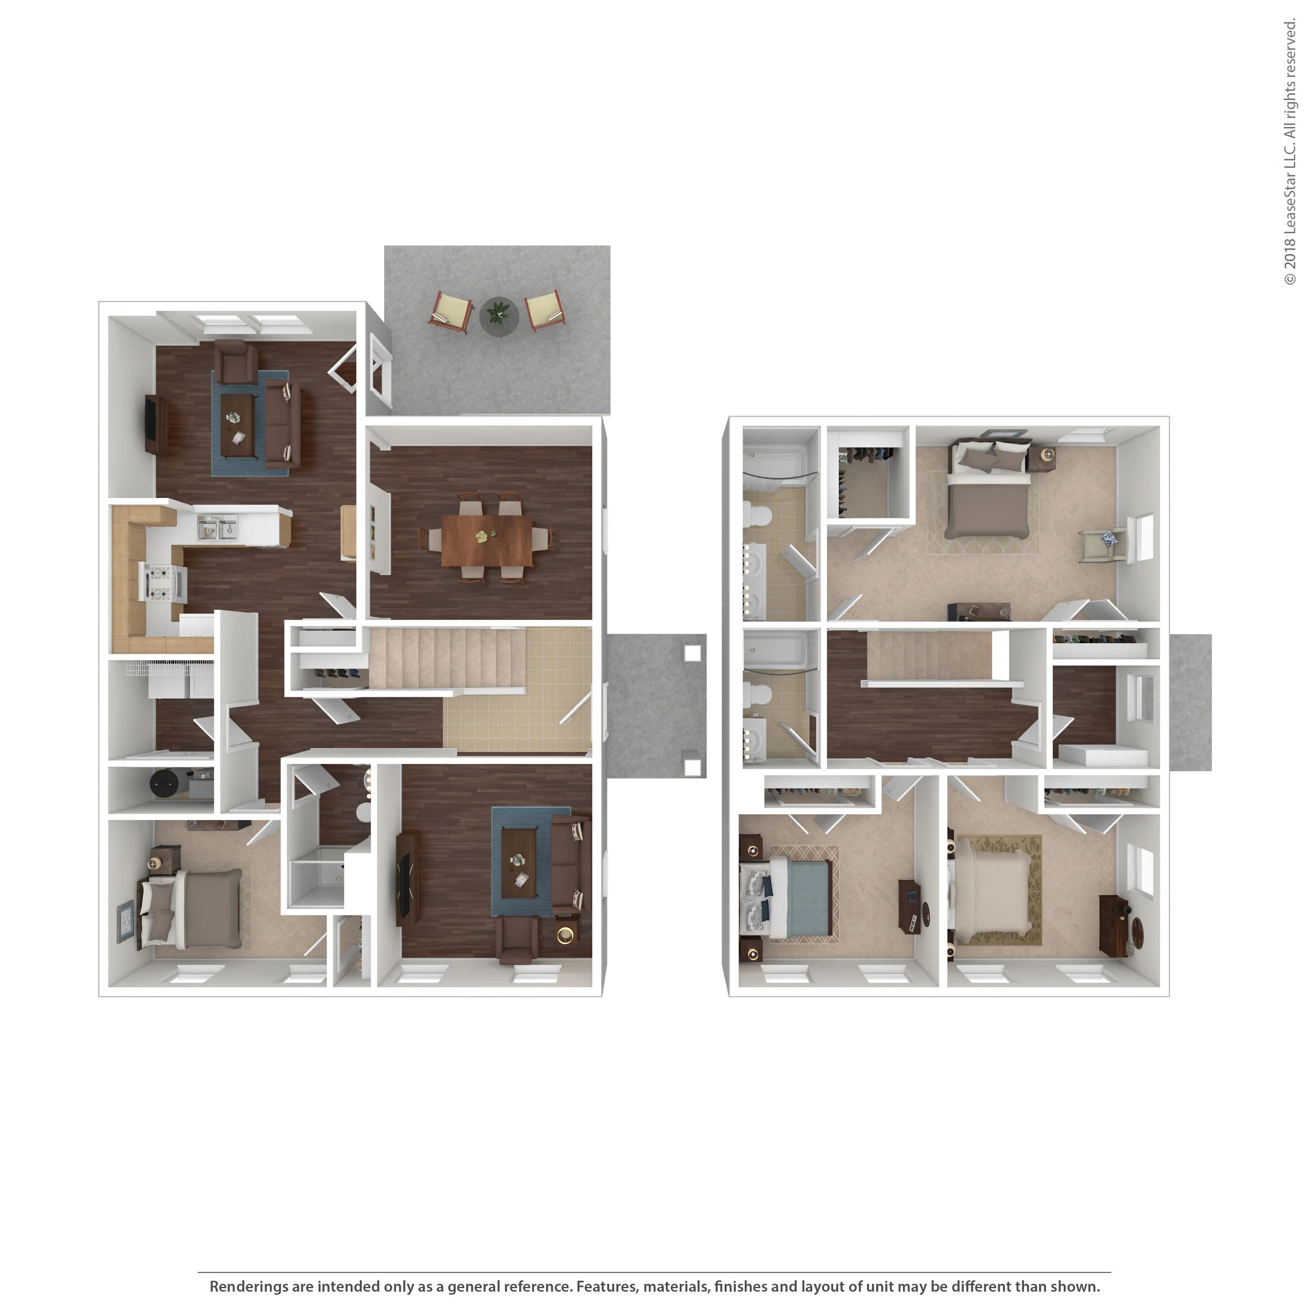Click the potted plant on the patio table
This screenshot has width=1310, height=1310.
499,313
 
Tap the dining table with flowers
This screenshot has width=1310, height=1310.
487,540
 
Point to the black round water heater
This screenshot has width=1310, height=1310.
164,785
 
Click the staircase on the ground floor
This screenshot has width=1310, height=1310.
447,657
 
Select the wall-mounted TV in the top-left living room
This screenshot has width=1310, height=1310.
151,424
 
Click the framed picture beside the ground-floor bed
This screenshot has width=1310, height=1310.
125,922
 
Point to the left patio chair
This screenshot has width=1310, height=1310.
452,312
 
